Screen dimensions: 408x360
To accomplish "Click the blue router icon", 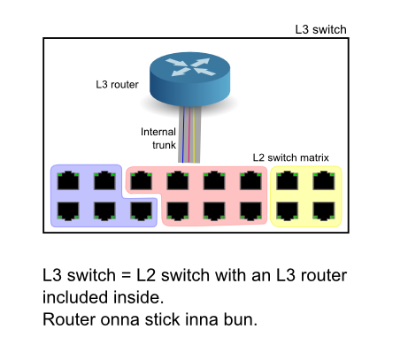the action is pyautogui.click(x=189, y=79).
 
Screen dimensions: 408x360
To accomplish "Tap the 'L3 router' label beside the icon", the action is pyautogui.click(x=117, y=85).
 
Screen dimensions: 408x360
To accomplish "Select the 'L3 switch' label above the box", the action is pyautogui.click(x=320, y=29).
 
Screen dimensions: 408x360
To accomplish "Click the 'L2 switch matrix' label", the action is pyautogui.click(x=290, y=157).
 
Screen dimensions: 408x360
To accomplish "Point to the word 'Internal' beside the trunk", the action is pyautogui.click(x=158, y=132).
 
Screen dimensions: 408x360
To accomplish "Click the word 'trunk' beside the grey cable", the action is pyautogui.click(x=164, y=145).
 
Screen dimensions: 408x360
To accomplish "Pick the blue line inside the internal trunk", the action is pyautogui.click(x=183, y=134).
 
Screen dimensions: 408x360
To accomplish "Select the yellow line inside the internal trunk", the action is pyautogui.click(x=194, y=134).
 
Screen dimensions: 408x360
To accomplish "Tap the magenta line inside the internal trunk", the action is pyautogui.click(x=189, y=134).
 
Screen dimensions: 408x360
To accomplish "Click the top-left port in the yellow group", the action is pyautogui.click(x=287, y=180).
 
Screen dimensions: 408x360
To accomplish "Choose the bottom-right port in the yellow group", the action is pyautogui.click(x=324, y=211).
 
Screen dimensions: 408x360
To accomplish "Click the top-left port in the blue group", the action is pyautogui.click(x=68, y=180).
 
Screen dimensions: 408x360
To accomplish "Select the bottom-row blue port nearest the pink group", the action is pyautogui.click(x=141, y=211).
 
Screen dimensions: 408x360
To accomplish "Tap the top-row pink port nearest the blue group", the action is pyautogui.click(x=141, y=180).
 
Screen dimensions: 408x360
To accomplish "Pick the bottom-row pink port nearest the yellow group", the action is pyautogui.click(x=250, y=211).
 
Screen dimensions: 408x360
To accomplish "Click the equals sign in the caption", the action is pyautogui.click(x=126, y=276).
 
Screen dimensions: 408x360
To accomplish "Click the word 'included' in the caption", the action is pyautogui.click(x=76, y=297).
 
